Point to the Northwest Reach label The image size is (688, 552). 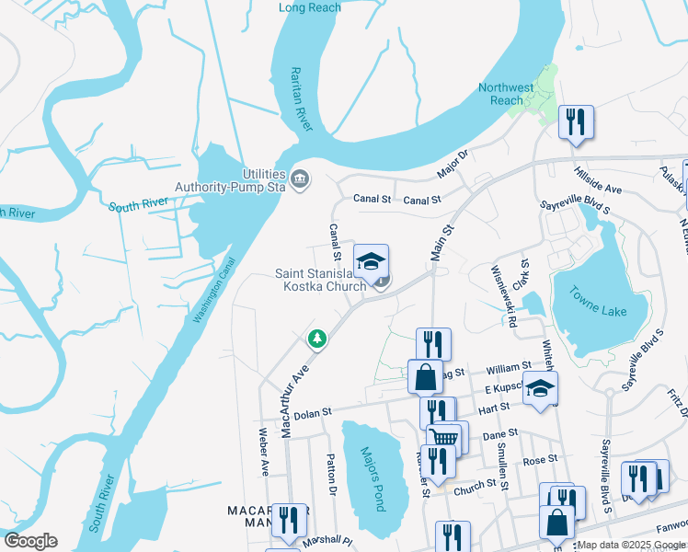click(506, 94)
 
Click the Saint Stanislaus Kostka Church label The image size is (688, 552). click(323, 280)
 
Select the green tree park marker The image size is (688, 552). click(317, 339)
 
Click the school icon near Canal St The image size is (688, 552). click(371, 263)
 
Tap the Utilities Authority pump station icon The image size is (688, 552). click(300, 178)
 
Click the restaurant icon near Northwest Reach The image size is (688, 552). click(576, 121)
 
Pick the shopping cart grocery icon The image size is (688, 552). click(445, 438)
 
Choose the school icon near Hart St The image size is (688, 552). click(541, 390)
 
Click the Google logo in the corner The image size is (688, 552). click(30, 541)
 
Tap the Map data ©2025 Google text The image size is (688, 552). click(632, 545)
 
